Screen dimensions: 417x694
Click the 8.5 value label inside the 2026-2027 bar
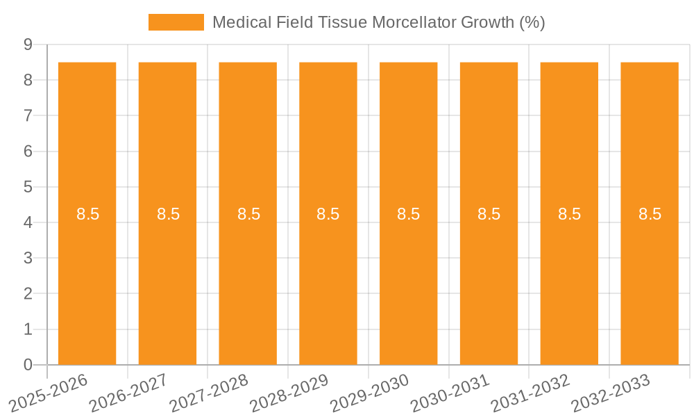click(x=168, y=214)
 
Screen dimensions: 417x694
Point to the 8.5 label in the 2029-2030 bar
click(x=409, y=214)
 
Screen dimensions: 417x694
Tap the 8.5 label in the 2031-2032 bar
click(x=569, y=214)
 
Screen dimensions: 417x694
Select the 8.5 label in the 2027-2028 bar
click(x=248, y=214)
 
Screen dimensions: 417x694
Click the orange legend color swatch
click(x=176, y=22)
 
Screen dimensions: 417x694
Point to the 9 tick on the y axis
click(x=28, y=44)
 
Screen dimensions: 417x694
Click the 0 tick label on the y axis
click(x=28, y=365)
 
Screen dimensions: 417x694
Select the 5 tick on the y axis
click(x=28, y=187)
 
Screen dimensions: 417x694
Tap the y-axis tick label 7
click(x=28, y=115)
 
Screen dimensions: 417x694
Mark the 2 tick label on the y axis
click(x=28, y=294)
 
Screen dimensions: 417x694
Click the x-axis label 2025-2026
click(x=49, y=392)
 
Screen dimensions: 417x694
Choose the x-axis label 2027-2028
click(x=210, y=392)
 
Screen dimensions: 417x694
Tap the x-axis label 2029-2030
click(x=371, y=392)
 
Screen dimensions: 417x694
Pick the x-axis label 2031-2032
click(x=531, y=392)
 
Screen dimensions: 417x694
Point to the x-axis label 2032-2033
click(x=611, y=392)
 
